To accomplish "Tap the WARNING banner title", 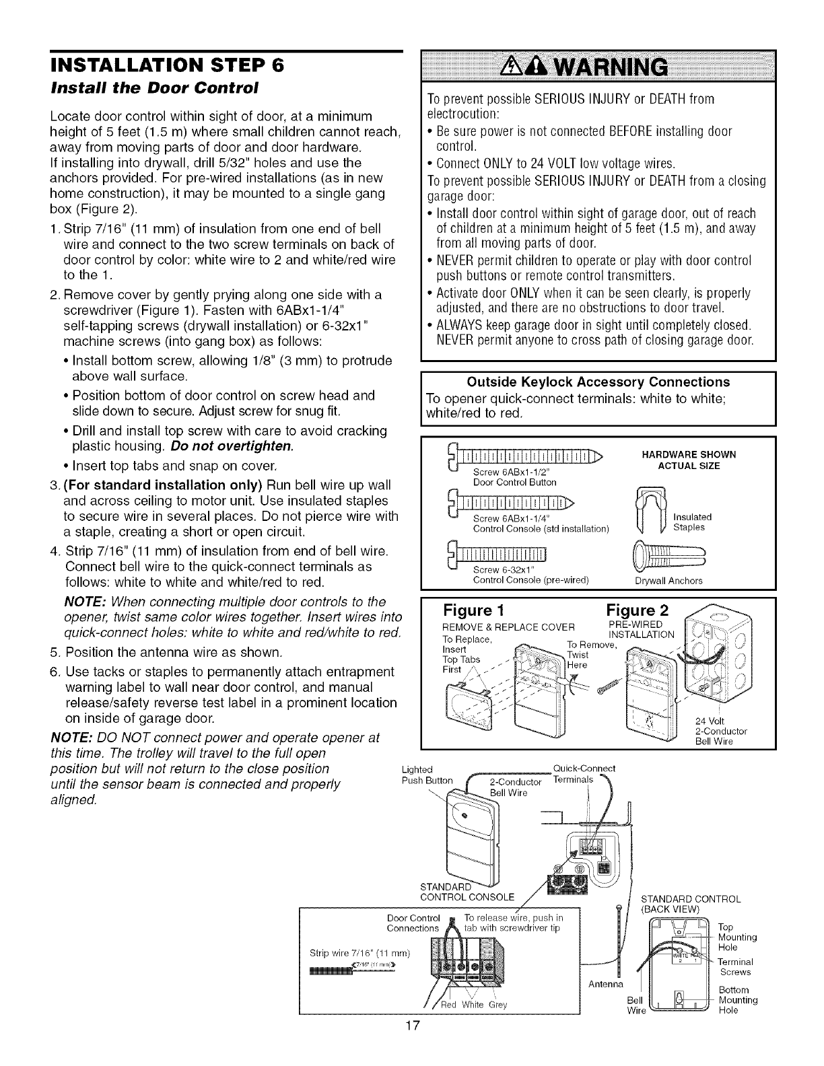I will (597, 68).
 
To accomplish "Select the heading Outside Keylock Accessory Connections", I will (598, 382).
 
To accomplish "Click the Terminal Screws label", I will (735, 967).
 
